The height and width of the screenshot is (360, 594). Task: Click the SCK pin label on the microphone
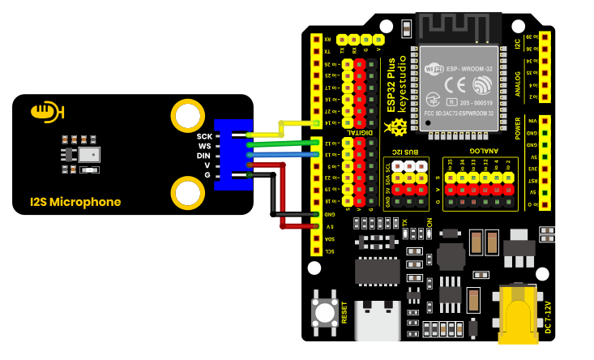click(203, 135)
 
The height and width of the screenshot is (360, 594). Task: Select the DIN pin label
click(203, 155)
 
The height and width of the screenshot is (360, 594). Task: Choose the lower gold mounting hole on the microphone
click(187, 193)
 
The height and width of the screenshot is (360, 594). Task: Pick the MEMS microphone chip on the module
click(92, 153)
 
